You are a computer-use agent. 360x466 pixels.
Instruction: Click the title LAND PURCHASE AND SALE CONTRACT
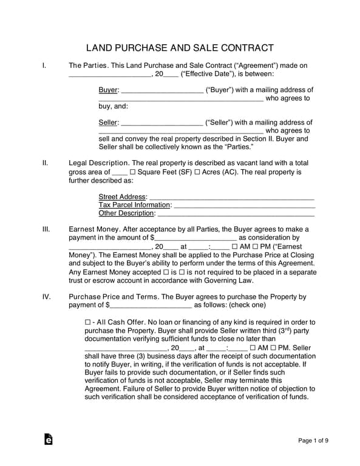[180, 48]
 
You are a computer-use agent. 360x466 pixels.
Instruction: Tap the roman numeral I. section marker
[44, 65]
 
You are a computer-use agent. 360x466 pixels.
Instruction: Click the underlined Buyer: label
[108, 90]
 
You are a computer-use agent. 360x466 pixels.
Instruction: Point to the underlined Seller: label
[109, 123]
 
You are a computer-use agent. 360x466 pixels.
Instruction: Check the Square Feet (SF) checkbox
[132, 172]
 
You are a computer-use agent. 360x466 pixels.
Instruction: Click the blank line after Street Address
[231, 197]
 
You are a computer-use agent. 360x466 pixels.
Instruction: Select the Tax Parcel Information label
[134, 205]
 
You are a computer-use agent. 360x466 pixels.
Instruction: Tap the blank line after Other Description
[236, 214]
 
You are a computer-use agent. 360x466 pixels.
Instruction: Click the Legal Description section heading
[98, 163]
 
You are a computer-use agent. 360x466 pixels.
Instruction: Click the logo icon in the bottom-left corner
[49, 439]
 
